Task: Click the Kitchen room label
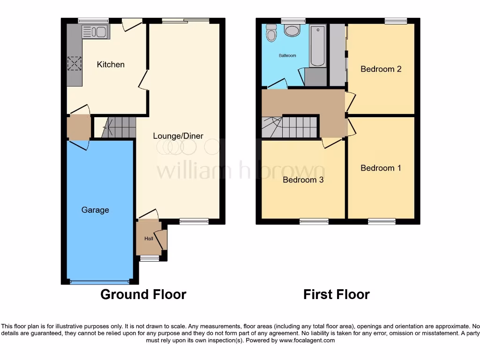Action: [111, 65]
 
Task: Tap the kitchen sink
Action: [95, 32]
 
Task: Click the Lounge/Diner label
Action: [178, 136]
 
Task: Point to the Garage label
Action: [95, 210]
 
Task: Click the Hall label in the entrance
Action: [149, 239]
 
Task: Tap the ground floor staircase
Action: [119, 127]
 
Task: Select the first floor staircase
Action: [291, 127]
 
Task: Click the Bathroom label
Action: [287, 56]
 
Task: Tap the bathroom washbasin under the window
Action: [292, 30]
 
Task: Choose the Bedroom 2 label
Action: [381, 69]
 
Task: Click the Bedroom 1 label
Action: [381, 168]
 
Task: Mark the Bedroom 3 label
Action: [303, 180]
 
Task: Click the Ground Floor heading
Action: [143, 294]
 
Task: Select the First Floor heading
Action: [336, 294]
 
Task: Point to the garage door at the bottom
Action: [99, 282]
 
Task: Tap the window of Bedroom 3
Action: [314, 221]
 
